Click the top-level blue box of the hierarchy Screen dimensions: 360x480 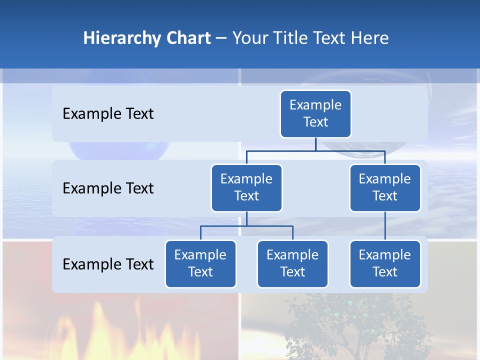[x=315, y=114]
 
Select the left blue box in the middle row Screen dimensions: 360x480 [x=246, y=188]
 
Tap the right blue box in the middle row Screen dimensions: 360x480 [x=385, y=188]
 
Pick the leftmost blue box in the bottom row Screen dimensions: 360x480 [x=200, y=264]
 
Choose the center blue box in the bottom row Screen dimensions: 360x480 [x=292, y=264]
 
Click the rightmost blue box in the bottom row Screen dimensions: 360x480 [x=385, y=264]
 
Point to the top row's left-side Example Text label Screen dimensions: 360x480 [x=108, y=114]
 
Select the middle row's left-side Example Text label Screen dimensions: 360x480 [x=108, y=188]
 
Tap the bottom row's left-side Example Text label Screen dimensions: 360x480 [x=108, y=264]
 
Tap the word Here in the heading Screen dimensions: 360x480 [x=370, y=38]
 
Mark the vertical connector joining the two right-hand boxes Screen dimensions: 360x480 [x=385, y=226]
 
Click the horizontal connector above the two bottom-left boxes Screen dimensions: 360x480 [x=246, y=226]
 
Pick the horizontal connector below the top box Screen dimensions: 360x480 [x=315, y=150]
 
